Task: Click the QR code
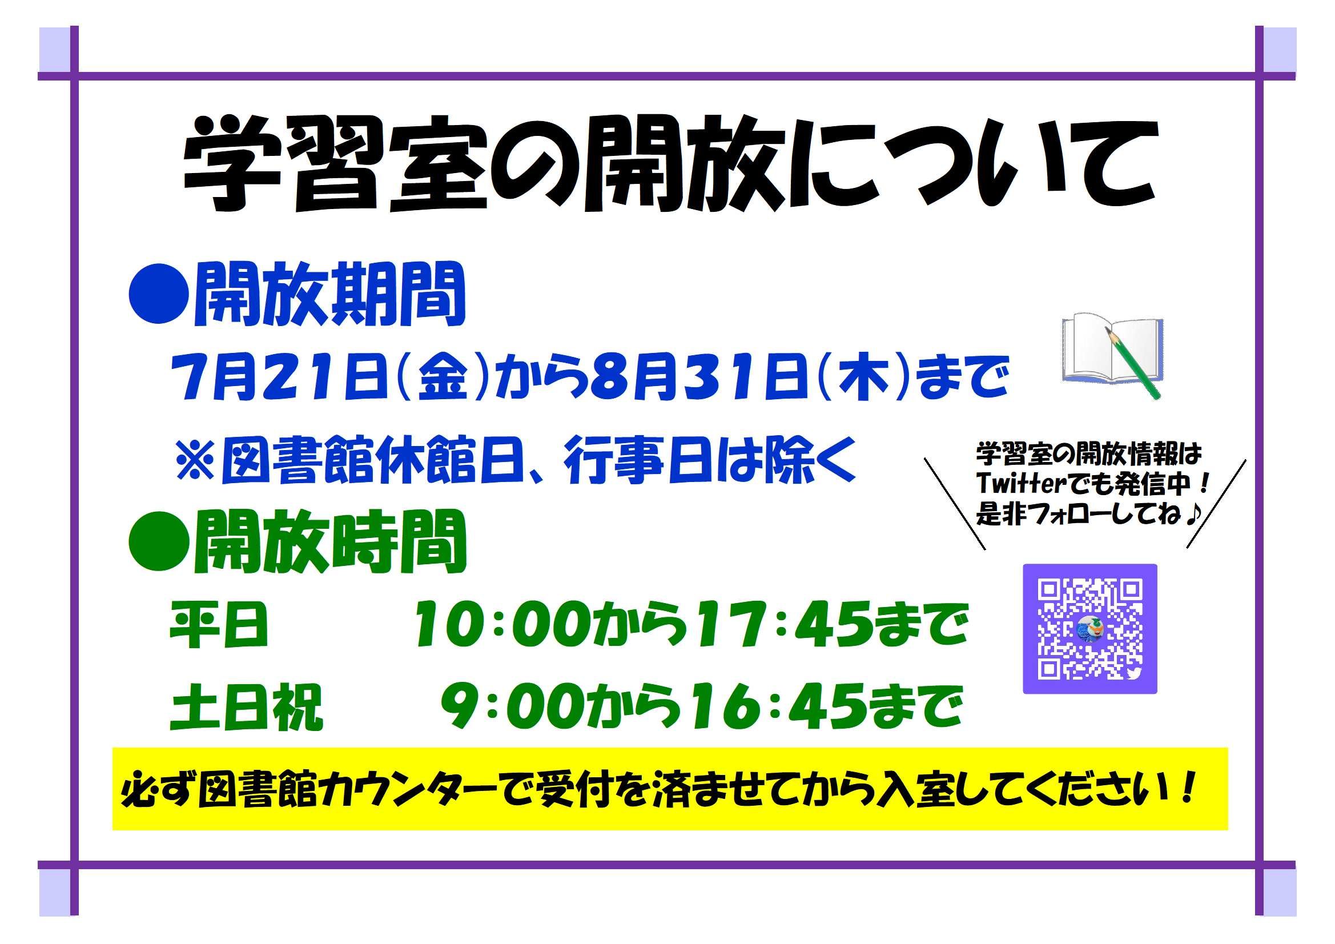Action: point(1089,629)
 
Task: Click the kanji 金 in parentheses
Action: point(444,378)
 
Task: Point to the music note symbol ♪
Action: point(1192,514)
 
